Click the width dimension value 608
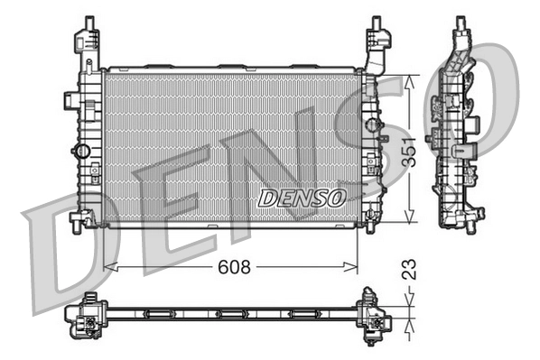point(233,267)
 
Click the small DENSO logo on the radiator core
point(301,197)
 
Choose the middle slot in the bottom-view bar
point(231,314)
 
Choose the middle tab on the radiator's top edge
point(231,66)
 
